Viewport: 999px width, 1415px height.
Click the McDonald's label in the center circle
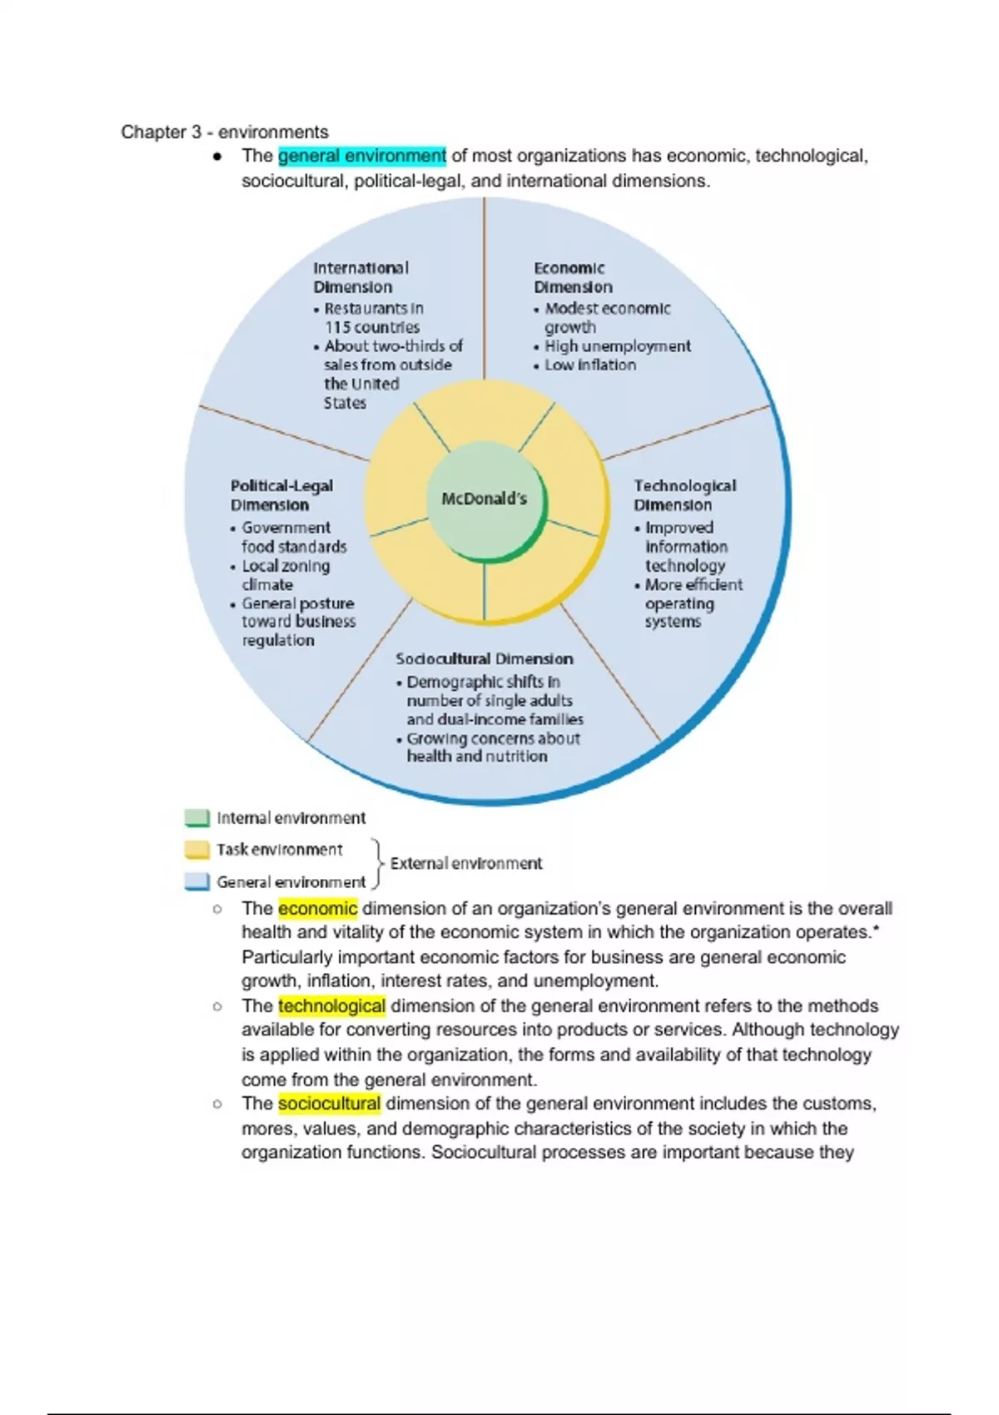point(484,499)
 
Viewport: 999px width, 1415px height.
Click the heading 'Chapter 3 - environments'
point(224,132)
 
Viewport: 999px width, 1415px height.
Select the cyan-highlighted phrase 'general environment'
point(362,156)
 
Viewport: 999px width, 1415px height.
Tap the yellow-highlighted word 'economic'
point(317,908)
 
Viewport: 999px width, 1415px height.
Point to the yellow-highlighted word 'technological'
point(331,1005)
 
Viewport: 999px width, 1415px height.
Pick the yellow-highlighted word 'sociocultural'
point(329,1104)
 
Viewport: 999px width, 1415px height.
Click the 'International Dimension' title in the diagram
point(360,277)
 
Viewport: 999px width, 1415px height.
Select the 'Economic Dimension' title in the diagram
point(572,277)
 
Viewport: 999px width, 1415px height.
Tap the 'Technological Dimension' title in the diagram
point(684,495)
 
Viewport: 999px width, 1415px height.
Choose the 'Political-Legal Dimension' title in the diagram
point(281,495)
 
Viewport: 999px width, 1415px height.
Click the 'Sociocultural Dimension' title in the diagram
point(484,659)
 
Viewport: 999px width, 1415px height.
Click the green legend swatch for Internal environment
point(196,817)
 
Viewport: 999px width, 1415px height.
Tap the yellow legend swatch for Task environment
point(196,850)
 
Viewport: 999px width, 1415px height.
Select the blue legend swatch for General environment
point(196,881)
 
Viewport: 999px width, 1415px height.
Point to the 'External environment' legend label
point(465,863)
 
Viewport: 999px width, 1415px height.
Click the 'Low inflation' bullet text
point(590,365)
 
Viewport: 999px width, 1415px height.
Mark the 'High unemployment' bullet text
point(618,346)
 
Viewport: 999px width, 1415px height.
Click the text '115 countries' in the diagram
point(372,327)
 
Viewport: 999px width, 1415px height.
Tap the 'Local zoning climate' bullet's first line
point(286,566)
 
